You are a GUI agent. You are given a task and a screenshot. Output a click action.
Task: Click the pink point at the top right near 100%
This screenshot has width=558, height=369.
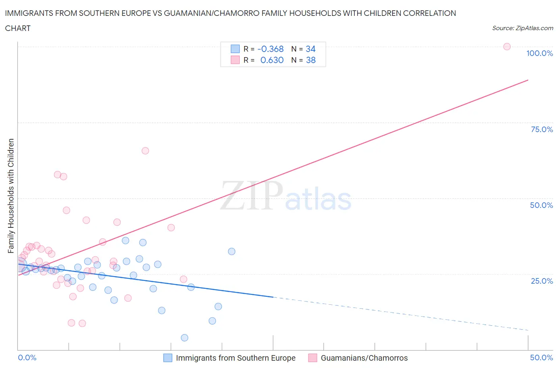(x=507, y=46)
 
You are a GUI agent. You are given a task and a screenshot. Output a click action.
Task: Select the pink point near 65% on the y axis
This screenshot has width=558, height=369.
(x=145, y=151)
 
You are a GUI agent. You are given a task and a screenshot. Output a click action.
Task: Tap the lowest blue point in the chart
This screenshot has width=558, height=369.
(x=185, y=338)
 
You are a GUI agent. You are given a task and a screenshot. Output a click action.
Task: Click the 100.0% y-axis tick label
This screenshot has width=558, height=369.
(x=539, y=53)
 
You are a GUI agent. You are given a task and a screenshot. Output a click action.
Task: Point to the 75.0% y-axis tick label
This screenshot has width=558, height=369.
(x=542, y=129)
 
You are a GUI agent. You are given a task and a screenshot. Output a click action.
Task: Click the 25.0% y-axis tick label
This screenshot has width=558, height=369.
(x=542, y=281)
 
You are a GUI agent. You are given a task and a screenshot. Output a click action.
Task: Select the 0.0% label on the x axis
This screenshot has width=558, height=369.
(x=27, y=357)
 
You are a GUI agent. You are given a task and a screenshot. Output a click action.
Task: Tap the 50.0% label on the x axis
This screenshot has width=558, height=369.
(x=541, y=357)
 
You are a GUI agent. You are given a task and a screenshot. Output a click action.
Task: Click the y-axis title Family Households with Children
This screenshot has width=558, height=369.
(x=11, y=196)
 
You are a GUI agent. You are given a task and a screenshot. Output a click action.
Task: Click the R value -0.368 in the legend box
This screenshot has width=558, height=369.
(x=270, y=49)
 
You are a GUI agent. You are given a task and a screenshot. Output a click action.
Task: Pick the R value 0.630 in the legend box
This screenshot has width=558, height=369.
(x=272, y=60)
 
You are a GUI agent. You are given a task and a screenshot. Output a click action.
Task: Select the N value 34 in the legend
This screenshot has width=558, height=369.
(x=310, y=49)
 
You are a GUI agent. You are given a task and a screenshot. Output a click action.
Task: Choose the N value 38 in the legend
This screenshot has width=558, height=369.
(x=311, y=60)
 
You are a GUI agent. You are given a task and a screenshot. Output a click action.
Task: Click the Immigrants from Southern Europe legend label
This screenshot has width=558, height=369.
(x=235, y=358)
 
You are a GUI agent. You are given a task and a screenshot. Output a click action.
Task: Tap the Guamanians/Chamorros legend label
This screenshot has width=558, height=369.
(x=364, y=358)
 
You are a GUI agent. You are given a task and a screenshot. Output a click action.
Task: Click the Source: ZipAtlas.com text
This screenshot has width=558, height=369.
(x=522, y=28)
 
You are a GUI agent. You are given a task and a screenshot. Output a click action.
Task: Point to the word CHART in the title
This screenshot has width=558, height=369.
(x=18, y=28)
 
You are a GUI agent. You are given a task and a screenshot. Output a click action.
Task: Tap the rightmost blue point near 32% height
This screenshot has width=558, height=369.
(x=232, y=251)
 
